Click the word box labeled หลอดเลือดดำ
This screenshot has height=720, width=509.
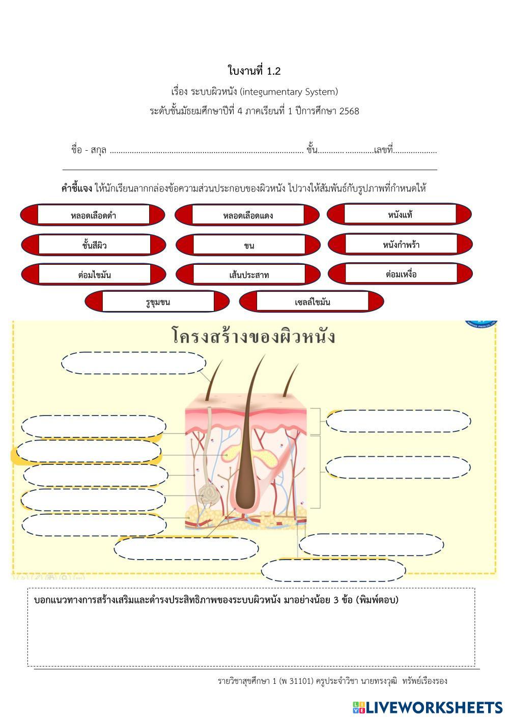[93, 215]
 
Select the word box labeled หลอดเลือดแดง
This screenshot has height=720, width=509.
[248, 215]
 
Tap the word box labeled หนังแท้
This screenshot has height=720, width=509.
[400, 214]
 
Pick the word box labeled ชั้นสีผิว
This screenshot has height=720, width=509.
[94, 245]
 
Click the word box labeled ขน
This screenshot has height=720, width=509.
[249, 245]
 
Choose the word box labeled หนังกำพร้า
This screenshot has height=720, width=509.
[401, 244]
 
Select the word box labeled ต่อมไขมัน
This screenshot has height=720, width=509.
[94, 275]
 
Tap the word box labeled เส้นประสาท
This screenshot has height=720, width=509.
[249, 275]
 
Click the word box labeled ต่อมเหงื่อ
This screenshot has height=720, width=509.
[401, 274]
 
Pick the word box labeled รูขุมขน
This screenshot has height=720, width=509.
[158, 302]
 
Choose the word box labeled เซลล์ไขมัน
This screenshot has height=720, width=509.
[312, 302]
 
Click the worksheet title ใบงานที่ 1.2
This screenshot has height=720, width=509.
[254, 71]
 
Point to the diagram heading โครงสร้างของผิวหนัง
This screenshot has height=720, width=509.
[253, 337]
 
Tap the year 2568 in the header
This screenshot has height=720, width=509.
[349, 110]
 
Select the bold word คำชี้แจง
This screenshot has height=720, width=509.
[77, 188]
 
